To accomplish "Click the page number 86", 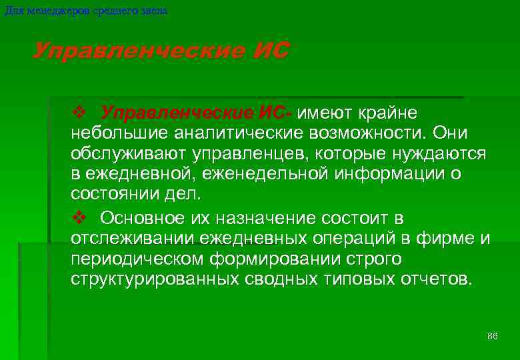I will tap(493, 335).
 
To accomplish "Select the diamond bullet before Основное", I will tap(77, 218).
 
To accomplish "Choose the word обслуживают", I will tap(129, 153).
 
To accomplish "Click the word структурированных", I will tap(152, 278).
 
